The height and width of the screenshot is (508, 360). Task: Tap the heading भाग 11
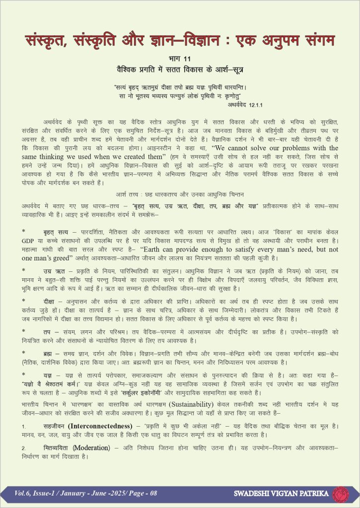click(180, 59)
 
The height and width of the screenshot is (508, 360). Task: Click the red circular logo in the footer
click(340, 494)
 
